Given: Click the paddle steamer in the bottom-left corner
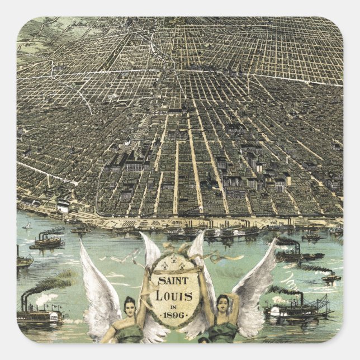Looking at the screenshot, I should pos(39,316).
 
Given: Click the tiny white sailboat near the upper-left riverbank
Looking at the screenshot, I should pos(26,226).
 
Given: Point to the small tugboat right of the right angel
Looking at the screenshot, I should pos(330,276).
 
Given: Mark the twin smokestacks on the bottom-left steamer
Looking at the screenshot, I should pos(25,302).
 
